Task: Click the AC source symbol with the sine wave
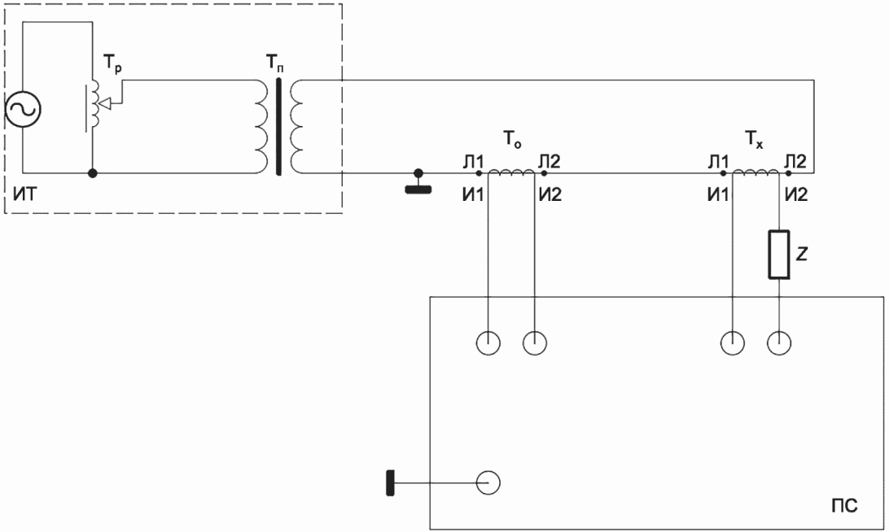pyautogui.click(x=24, y=109)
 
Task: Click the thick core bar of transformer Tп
pyautogui.click(x=278, y=127)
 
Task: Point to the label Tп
pyautogui.click(x=274, y=63)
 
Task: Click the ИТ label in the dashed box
pyautogui.click(x=24, y=194)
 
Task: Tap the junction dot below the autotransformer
pyautogui.click(x=93, y=172)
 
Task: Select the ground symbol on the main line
pyautogui.click(x=418, y=182)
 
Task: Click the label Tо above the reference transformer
pyautogui.click(x=512, y=139)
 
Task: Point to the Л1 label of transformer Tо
pyautogui.click(x=472, y=161)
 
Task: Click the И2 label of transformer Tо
pyautogui.click(x=550, y=195)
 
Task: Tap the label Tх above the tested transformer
pyautogui.click(x=754, y=139)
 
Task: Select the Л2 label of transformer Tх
pyautogui.click(x=795, y=161)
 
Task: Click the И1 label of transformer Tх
pyautogui.click(x=718, y=195)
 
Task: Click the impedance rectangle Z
pyautogui.click(x=779, y=255)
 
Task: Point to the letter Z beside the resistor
pyautogui.click(x=801, y=255)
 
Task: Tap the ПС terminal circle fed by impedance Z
pyautogui.click(x=779, y=342)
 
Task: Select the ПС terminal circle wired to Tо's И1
pyautogui.click(x=488, y=342)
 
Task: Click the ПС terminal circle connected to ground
pyautogui.click(x=488, y=483)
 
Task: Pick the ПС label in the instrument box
pyautogui.click(x=844, y=505)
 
